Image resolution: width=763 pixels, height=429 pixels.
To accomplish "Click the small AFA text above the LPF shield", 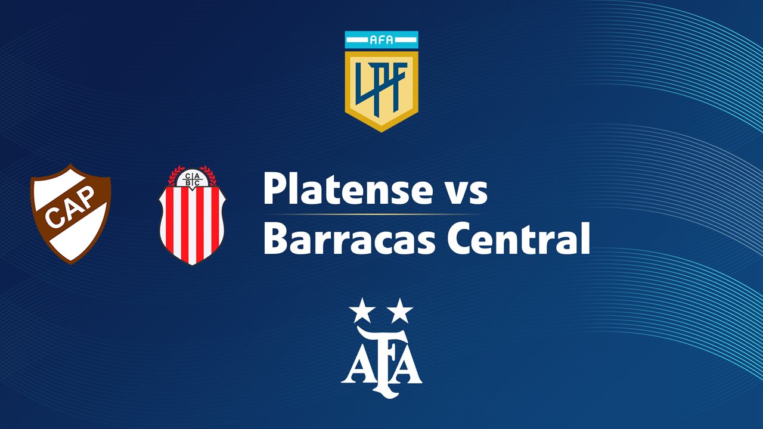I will (x=381, y=41).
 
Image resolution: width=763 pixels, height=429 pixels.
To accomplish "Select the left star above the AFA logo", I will (x=359, y=310).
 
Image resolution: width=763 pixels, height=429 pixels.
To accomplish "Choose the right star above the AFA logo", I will (x=401, y=310).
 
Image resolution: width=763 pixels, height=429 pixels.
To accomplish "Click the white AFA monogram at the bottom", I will (x=381, y=360).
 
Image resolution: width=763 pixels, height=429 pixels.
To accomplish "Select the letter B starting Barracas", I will (x=275, y=238).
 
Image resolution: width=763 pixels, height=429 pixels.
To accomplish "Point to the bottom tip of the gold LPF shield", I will (x=381, y=130).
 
